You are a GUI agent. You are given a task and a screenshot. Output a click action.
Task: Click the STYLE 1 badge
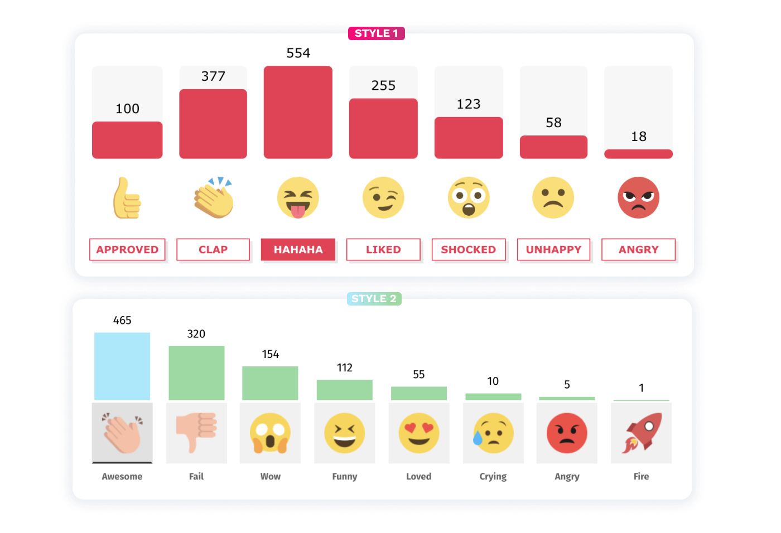[x=376, y=33]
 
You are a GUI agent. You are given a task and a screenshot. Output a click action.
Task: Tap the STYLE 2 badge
[x=374, y=298]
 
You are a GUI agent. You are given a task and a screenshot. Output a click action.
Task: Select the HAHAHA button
[x=298, y=249]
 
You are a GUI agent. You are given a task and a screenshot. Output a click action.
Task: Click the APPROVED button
[x=127, y=249]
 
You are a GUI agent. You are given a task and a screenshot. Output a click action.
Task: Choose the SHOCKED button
[x=469, y=249]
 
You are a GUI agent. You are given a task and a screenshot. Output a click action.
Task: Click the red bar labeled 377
[x=213, y=124]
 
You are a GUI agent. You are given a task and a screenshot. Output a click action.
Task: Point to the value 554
[x=298, y=53]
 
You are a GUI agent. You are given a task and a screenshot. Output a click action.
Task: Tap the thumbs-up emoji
[x=127, y=198]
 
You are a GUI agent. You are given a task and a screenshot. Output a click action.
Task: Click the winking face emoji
[x=383, y=197]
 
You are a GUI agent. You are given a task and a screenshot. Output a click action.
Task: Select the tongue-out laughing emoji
[x=298, y=197]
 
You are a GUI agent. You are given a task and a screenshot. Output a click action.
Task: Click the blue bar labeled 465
[x=122, y=366]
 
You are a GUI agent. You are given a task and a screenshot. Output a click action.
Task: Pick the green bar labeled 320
[x=196, y=373]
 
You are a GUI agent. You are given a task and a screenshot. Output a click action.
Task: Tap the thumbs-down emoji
[x=196, y=433]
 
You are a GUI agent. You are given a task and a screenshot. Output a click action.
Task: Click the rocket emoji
[x=641, y=433]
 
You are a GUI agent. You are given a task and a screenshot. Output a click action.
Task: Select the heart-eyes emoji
[x=419, y=433]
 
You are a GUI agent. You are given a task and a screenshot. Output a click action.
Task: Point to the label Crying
[x=493, y=476]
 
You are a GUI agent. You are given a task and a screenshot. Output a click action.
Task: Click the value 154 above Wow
[x=271, y=354]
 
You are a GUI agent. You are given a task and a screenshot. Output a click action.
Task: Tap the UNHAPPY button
[x=553, y=249]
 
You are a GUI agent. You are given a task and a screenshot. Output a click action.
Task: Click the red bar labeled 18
[x=638, y=154]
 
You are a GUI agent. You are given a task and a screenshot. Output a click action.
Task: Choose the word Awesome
[x=122, y=476]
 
